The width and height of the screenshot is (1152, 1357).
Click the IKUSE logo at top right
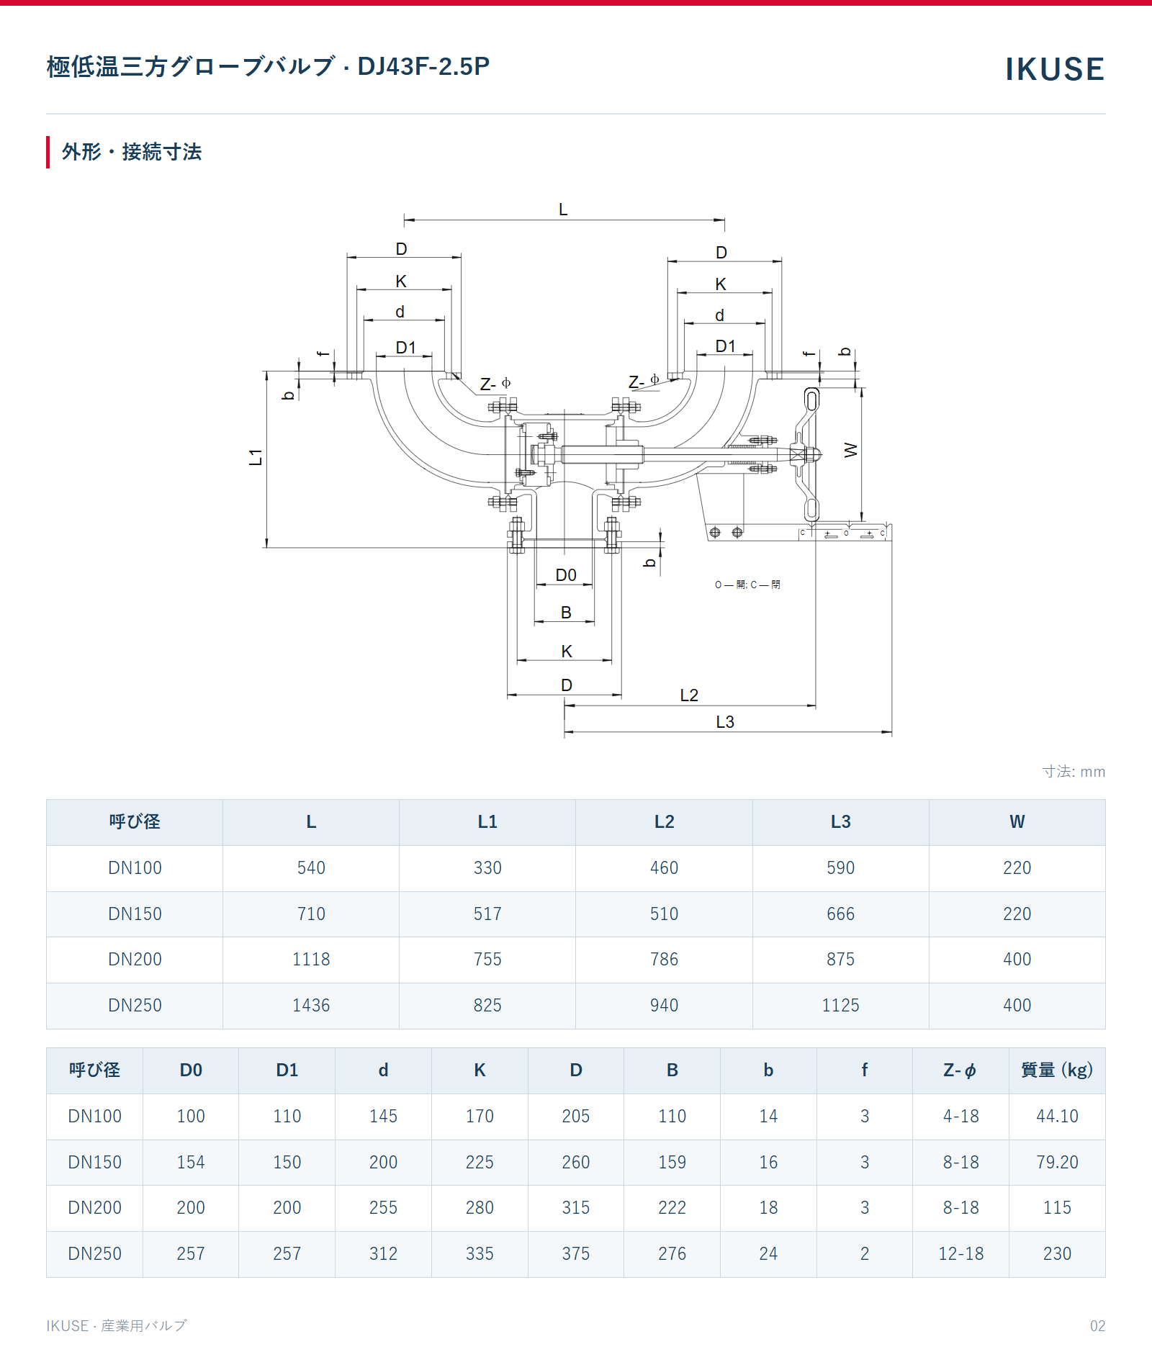(1055, 69)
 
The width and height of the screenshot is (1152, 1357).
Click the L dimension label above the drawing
(563, 209)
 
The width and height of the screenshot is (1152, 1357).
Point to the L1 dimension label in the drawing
(256, 457)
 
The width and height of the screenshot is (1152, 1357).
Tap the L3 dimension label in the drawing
(725, 722)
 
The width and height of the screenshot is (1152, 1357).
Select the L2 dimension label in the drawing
(689, 695)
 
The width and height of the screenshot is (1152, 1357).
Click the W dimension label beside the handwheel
(851, 450)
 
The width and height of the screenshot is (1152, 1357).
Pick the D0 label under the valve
(566, 575)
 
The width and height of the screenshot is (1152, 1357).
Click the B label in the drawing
(566, 613)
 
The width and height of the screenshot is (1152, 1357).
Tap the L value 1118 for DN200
(311, 960)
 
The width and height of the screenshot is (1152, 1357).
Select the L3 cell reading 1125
(840, 1006)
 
